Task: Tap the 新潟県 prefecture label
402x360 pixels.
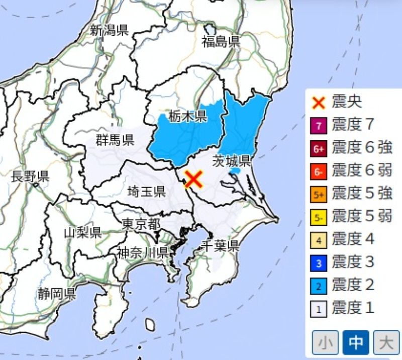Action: coord(109,30)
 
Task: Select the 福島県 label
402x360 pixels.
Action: coord(221,42)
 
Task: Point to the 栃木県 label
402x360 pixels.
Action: coord(187,117)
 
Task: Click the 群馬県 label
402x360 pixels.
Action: coord(115,140)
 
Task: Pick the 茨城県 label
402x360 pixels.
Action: coord(232,161)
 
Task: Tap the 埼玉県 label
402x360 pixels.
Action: coord(146,191)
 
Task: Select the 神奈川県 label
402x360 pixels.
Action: coord(142,252)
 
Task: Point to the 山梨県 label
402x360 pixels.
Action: coord(82,232)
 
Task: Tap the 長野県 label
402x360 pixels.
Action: coord(30,176)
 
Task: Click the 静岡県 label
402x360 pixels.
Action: coord(56,294)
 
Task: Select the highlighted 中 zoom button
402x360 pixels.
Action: coord(356,343)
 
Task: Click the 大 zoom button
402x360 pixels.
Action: coord(385,343)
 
